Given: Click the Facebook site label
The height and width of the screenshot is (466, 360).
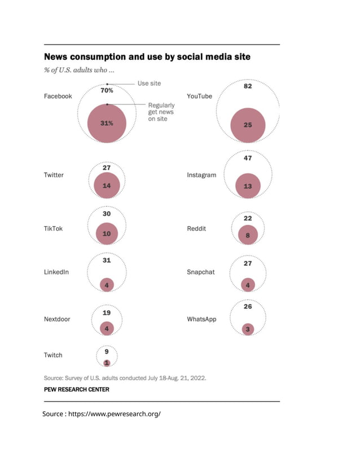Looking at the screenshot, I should (58, 96).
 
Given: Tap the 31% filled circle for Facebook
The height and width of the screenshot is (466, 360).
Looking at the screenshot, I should (107, 123).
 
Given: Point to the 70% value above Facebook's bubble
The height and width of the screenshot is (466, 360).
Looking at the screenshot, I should (107, 90).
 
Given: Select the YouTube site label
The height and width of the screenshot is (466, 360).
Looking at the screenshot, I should (199, 96).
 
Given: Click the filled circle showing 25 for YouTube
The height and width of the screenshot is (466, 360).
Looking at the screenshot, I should (248, 125).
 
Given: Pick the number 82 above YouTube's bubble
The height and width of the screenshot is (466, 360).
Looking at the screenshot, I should (248, 86).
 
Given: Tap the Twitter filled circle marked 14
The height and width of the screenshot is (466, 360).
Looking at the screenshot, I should (107, 185).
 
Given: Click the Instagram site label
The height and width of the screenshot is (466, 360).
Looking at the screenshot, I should (201, 175).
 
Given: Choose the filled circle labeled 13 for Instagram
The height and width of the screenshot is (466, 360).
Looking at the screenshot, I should (248, 186).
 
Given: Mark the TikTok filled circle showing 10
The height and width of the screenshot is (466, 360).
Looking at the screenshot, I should (107, 233).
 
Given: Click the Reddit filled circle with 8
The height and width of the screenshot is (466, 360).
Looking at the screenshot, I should (248, 235).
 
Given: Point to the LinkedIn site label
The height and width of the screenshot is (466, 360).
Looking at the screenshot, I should (56, 272).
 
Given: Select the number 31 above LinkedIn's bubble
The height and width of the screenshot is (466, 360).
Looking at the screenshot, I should (107, 261).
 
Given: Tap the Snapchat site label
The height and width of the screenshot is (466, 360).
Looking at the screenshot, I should (201, 272).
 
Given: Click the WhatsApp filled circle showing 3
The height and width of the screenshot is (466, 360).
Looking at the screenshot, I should (248, 328).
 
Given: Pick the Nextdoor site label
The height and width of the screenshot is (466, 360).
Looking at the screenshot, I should (57, 319).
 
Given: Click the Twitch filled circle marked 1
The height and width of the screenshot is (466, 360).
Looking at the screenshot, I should (107, 363).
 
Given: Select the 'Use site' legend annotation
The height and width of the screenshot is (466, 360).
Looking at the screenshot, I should (149, 83).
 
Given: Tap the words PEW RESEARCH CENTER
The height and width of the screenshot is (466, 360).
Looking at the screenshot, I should (77, 389).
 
